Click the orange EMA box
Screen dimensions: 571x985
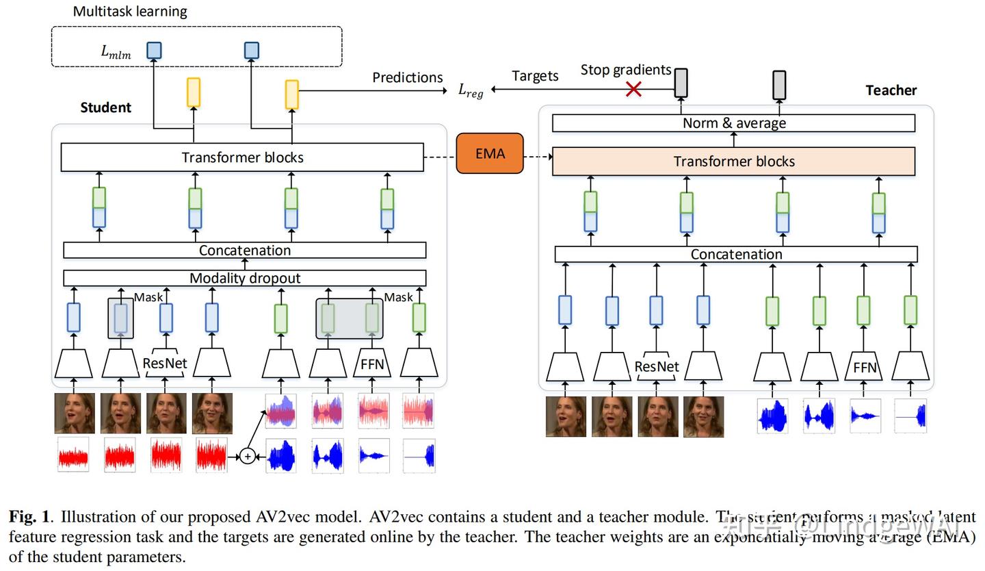490,153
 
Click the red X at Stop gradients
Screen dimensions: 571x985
634,89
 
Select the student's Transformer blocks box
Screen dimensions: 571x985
242,157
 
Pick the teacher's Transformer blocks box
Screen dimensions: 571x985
733,162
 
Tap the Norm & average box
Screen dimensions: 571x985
733,123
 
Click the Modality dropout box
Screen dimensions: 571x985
245,278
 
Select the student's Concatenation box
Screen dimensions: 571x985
245,251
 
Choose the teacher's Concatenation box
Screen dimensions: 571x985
736,255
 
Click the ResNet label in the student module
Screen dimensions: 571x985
165,363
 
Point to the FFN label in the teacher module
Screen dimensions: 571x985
865,368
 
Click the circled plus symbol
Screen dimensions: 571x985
248,456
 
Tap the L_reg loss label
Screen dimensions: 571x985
471,90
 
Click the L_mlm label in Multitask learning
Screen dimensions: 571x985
116,52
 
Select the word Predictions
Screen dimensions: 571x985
407,77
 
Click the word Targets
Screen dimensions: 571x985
535,76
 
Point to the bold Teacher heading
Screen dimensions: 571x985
891,90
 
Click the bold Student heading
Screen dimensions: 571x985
105,107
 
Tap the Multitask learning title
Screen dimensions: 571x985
130,12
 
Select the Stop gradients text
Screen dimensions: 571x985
625,70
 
